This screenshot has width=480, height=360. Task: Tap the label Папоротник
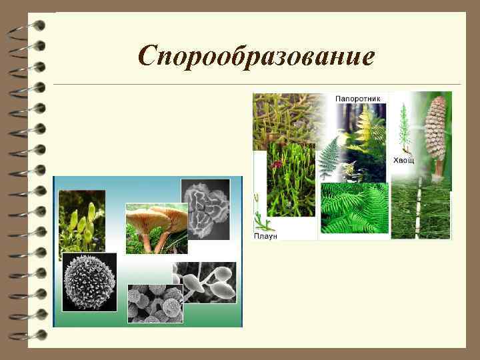(x=357, y=98)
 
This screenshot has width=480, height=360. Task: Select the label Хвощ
(x=403, y=160)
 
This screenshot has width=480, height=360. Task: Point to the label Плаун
(x=265, y=235)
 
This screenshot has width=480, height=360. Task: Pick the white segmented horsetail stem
(x=419, y=213)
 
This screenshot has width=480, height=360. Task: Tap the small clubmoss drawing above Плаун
(x=260, y=214)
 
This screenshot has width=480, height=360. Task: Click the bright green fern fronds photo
(x=353, y=208)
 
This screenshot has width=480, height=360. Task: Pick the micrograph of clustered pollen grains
(x=155, y=303)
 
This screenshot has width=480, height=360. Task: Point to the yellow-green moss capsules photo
(x=81, y=220)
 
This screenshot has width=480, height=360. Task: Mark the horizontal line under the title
(x=257, y=85)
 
